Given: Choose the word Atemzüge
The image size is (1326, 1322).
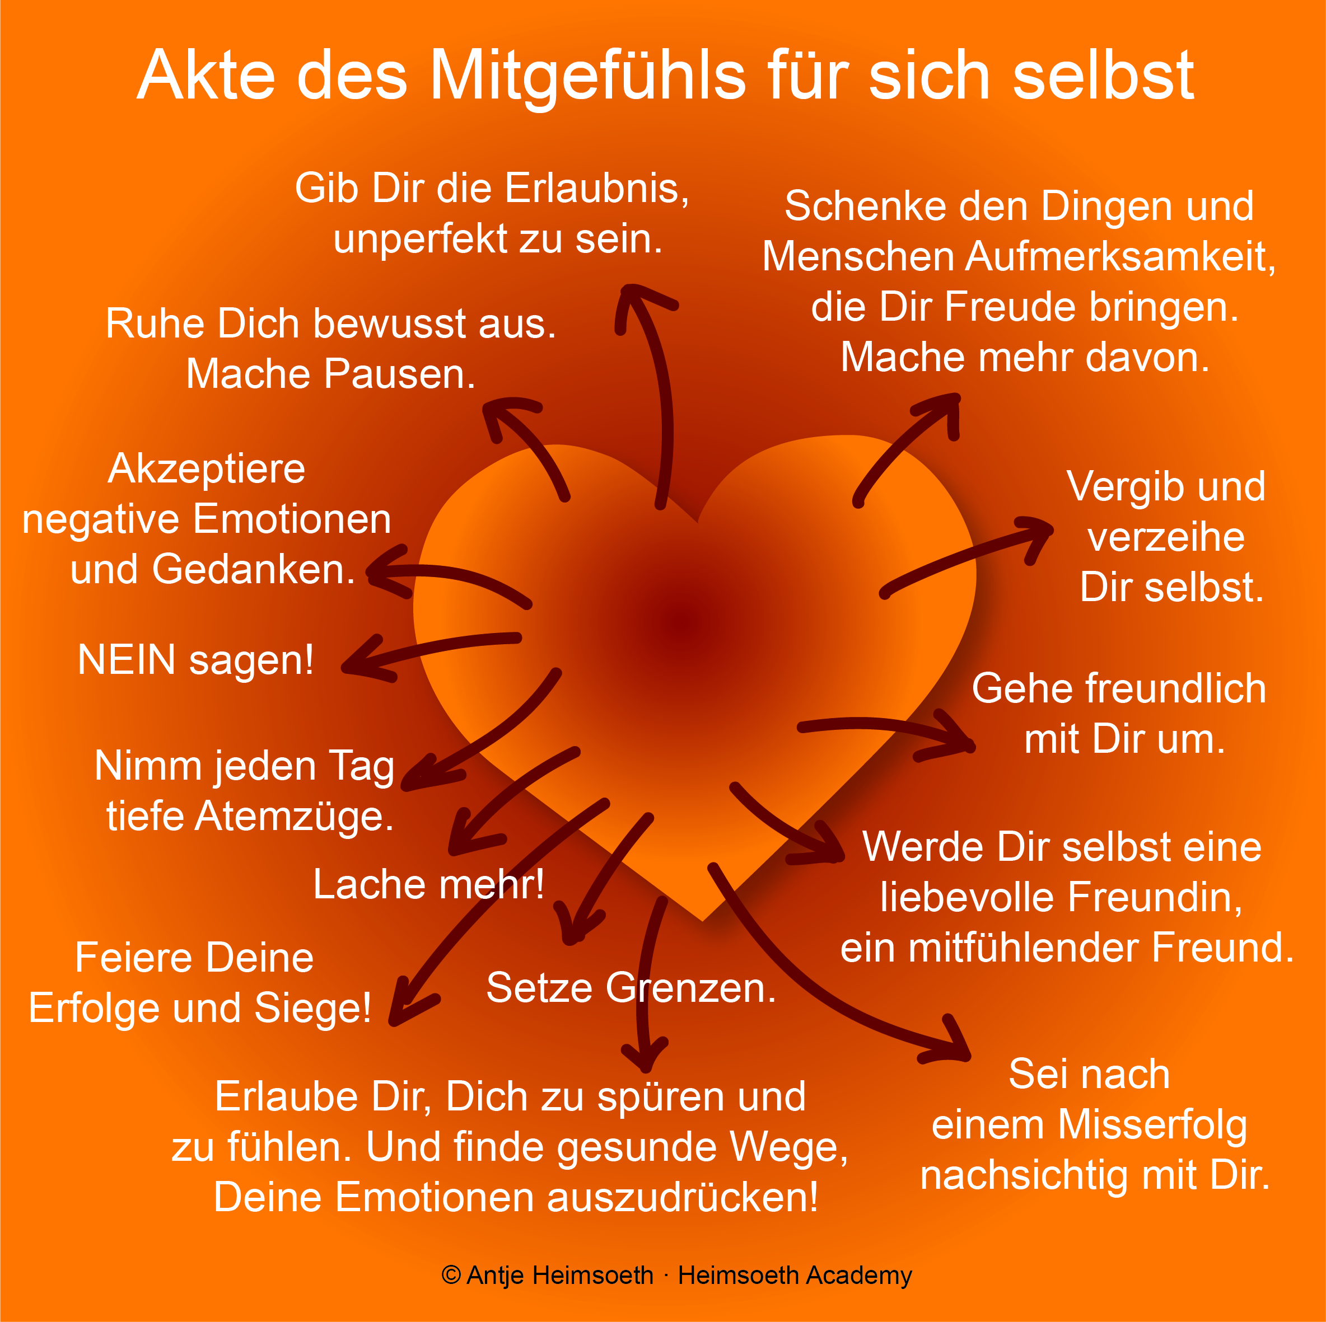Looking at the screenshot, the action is click(x=295, y=817).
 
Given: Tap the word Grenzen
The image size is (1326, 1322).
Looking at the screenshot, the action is click(x=690, y=988).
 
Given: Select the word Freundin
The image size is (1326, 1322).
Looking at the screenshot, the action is click(x=1155, y=897).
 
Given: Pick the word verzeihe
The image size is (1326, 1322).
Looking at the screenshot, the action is click(x=1166, y=537).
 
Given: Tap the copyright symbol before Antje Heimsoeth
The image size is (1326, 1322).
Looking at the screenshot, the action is click(x=451, y=1276).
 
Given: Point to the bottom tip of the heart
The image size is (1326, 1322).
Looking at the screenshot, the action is click(x=703, y=921).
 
